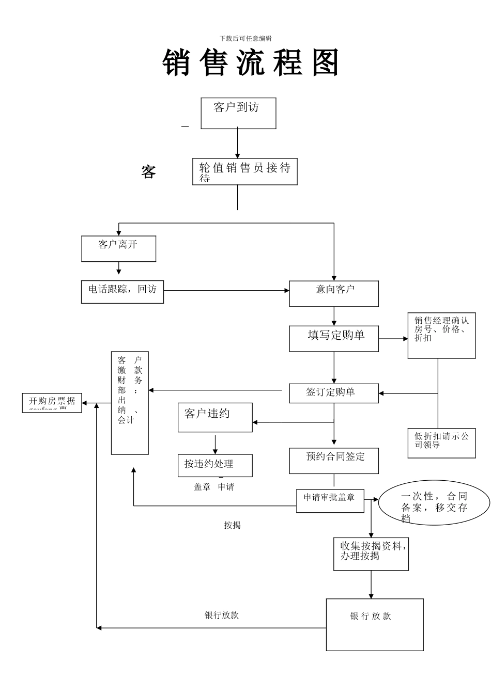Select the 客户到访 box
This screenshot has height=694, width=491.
click(238, 113)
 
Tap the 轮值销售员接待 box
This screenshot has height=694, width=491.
click(244, 171)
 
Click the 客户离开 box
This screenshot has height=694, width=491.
click(118, 248)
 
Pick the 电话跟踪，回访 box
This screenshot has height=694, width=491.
click(122, 292)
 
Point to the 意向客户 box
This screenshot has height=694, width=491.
click(334, 293)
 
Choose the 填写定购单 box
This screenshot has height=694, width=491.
click(334, 338)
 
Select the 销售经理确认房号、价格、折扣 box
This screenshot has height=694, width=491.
click(441, 336)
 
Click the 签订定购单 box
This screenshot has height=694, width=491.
click(334, 393)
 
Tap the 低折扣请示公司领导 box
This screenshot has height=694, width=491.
click(441, 443)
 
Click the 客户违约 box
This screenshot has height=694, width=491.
click(215, 417)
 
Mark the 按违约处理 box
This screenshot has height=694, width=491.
click(215, 465)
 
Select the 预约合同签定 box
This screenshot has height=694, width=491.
click(334, 461)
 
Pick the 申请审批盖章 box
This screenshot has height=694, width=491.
click(330, 500)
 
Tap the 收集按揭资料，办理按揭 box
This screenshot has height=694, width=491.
click(371, 554)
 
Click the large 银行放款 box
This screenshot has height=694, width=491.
click(375, 624)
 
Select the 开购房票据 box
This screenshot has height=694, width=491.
click(52, 403)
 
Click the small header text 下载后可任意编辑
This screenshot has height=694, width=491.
click(245, 38)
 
